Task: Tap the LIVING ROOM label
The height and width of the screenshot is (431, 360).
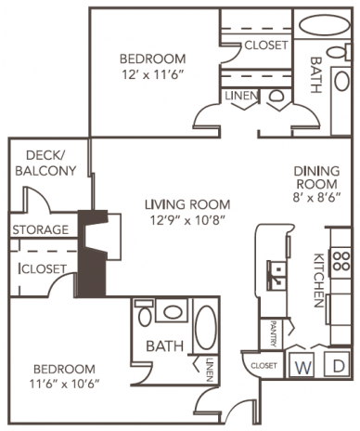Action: tap(186, 204)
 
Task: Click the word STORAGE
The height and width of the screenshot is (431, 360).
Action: tap(40, 229)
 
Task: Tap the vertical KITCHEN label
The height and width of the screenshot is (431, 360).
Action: tap(317, 279)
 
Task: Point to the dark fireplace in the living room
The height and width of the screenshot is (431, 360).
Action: tap(93, 255)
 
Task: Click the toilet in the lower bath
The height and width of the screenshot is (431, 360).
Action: tap(145, 316)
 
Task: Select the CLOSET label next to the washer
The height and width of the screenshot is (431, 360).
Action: tap(263, 366)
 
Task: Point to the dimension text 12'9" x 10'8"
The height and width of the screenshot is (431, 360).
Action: tap(186, 220)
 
